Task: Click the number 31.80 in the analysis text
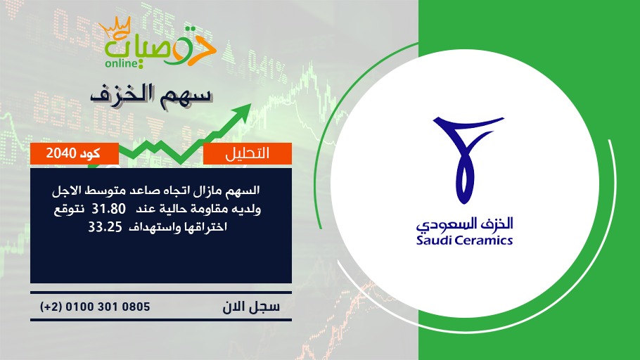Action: coord(108,209)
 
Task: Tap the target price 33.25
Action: coord(105,227)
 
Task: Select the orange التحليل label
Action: coord(248,153)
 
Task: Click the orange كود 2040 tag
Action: coord(75,153)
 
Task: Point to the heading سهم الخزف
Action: coord(151,94)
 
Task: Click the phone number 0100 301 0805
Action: coord(108,307)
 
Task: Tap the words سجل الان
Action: coord(251,307)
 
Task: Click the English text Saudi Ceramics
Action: coord(464,240)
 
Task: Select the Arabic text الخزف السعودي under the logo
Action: coord(464,224)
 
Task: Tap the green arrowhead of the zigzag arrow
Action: coord(243,111)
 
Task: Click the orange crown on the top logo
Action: coord(115,27)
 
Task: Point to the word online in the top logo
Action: coord(121,63)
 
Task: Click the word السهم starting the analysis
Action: coord(245,191)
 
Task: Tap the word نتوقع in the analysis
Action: coord(69,210)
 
